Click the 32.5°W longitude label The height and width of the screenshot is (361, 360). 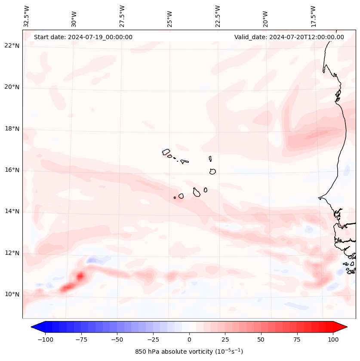26,16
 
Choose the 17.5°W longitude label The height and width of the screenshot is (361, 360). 313,16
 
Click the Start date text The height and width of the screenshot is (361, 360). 83,37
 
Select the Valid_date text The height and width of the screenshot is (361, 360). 289,37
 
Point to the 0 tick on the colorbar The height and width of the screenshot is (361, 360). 189,339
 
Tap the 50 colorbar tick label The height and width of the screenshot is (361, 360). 261,339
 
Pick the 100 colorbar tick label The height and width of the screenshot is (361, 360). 333,339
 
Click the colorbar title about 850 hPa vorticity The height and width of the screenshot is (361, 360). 189,352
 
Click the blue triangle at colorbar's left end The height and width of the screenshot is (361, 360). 37,327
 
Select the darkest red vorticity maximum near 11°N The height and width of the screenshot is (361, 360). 80,275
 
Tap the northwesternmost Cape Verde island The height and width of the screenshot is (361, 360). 166,151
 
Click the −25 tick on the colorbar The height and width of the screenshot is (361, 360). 153,339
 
